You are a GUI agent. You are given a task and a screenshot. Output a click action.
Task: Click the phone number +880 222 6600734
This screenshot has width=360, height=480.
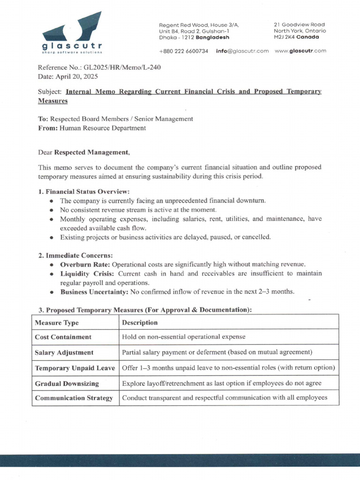click(183, 51)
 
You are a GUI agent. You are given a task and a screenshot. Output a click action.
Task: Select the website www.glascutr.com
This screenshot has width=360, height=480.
click(300, 51)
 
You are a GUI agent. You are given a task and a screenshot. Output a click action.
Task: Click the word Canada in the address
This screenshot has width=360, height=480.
click(308, 37)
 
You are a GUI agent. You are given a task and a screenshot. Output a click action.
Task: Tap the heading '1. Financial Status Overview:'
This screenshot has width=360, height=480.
click(83, 191)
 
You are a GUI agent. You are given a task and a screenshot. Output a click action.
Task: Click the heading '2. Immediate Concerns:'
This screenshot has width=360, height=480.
click(75, 255)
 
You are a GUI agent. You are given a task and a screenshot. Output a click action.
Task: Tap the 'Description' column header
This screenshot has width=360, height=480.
click(140, 322)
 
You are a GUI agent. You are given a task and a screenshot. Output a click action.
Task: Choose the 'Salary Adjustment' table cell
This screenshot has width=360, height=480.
click(64, 352)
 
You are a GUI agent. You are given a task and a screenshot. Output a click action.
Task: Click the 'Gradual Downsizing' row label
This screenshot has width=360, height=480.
click(67, 383)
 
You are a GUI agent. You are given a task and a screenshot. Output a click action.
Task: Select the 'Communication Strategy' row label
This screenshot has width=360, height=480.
click(74, 398)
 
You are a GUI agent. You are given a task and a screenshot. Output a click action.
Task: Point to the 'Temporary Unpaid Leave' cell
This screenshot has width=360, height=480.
click(75, 368)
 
